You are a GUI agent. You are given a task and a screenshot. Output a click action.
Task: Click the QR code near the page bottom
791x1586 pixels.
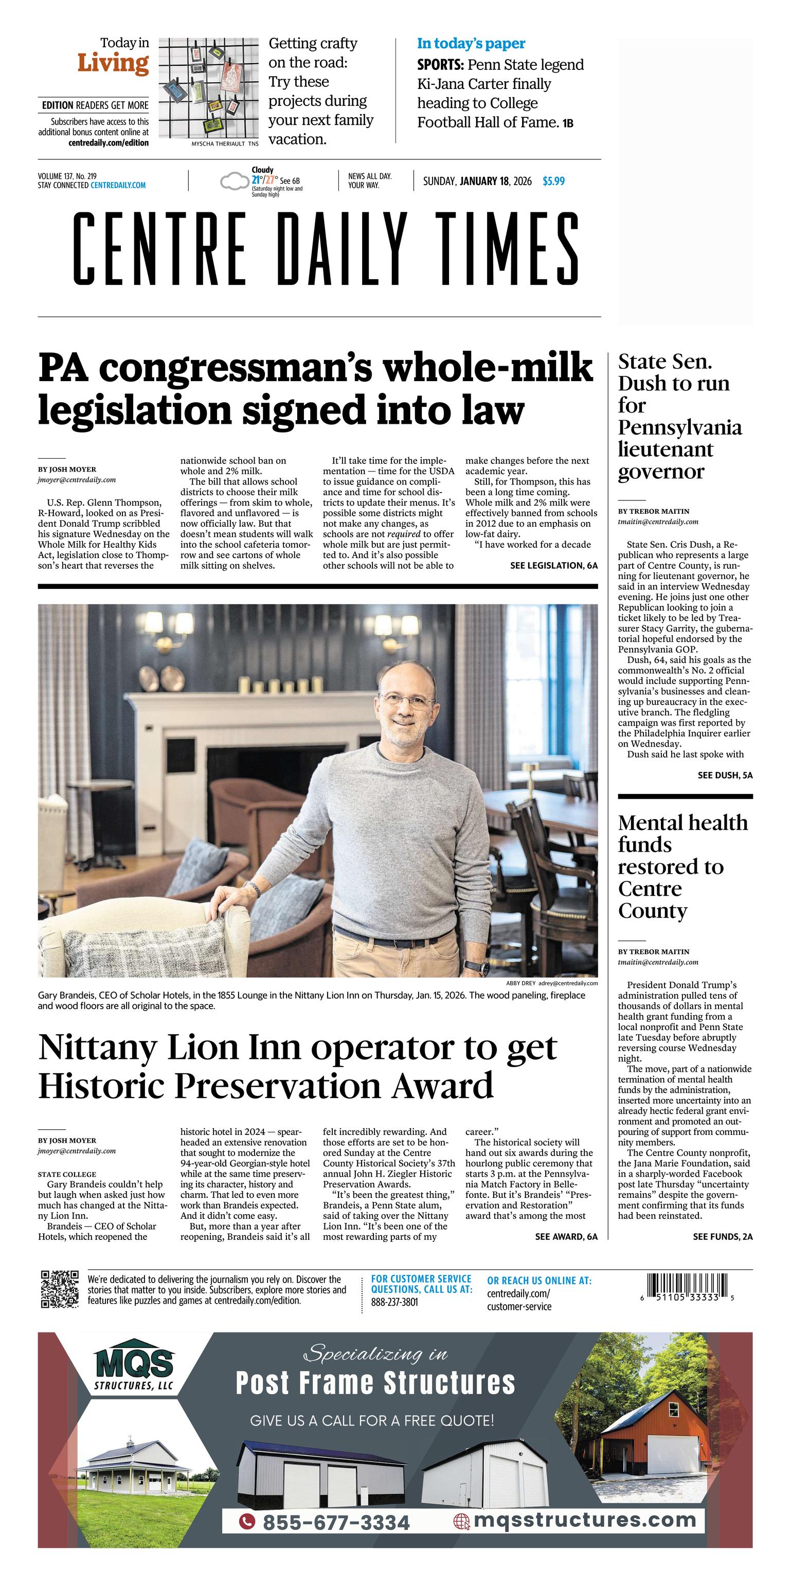pyautogui.click(x=60, y=1289)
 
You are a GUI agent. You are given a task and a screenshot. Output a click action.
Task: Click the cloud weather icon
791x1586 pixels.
pyautogui.click(x=233, y=182)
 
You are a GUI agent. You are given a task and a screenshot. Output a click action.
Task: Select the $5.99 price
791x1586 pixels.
pyautogui.click(x=553, y=181)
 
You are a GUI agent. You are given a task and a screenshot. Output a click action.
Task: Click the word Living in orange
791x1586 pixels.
pyautogui.click(x=113, y=63)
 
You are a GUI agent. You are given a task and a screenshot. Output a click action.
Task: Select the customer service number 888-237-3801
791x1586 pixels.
pyautogui.click(x=394, y=1302)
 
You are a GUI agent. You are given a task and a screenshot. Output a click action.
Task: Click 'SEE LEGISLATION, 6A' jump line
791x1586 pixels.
pyautogui.click(x=553, y=565)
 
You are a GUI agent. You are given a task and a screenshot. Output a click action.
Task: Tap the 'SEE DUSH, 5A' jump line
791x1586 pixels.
pyautogui.click(x=725, y=775)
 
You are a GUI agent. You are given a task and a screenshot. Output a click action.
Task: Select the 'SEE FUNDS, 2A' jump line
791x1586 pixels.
pyautogui.click(x=722, y=1236)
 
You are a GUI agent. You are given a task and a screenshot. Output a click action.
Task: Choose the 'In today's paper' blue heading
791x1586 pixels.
pyautogui.click(x=471, y=44)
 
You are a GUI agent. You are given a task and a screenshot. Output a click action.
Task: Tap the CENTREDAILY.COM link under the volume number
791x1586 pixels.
pyautogui.click(x=118, y=185)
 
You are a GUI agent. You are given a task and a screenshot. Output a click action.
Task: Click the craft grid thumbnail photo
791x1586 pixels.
pyautogui.click(x=208, y=89)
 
